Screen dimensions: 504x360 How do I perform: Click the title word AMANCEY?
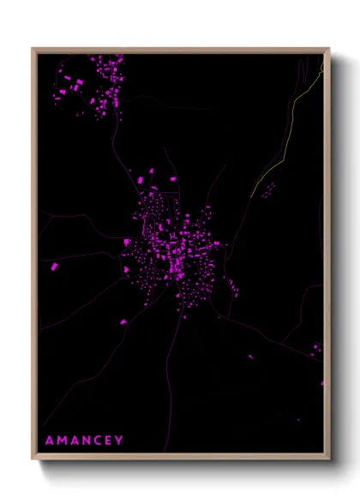coord(85,441)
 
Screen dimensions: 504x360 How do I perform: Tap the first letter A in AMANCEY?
coord(49,441)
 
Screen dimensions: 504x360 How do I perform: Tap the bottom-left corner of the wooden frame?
coord(33,460)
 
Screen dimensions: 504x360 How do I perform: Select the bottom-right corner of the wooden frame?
coord(328,460)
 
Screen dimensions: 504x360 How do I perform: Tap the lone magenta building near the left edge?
coord(53,267)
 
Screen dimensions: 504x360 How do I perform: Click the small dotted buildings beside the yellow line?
coord(267,189)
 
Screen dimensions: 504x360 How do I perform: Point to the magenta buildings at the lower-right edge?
coord(317,348)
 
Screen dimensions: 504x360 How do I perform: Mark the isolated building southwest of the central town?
coord(122,321)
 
